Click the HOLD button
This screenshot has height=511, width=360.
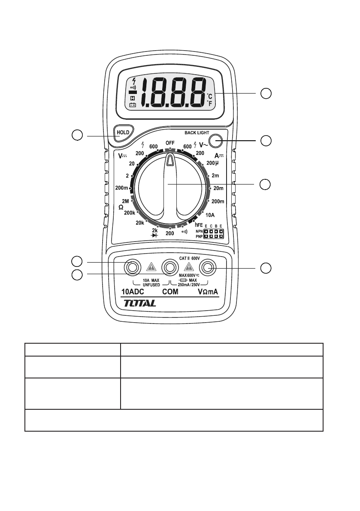tap(124, 131)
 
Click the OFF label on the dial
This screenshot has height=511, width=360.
tap(170, 142)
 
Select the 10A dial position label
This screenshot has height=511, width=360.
tap(210, 215)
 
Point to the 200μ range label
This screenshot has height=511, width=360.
tap(213, 163)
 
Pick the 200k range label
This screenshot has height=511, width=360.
tap(130, 213)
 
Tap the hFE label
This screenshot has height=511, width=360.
tap(199, 225)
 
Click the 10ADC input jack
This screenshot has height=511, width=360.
tap(132, 268)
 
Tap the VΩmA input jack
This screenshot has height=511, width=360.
tap(209, 268)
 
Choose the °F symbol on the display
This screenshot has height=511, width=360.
tap(209, 103)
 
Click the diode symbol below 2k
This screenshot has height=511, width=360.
tap(155, 236)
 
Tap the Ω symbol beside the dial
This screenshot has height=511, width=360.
tap(121, 207)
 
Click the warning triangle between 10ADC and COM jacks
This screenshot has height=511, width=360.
tap(151, 267)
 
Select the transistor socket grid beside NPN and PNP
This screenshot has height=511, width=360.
tap(213, 233)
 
